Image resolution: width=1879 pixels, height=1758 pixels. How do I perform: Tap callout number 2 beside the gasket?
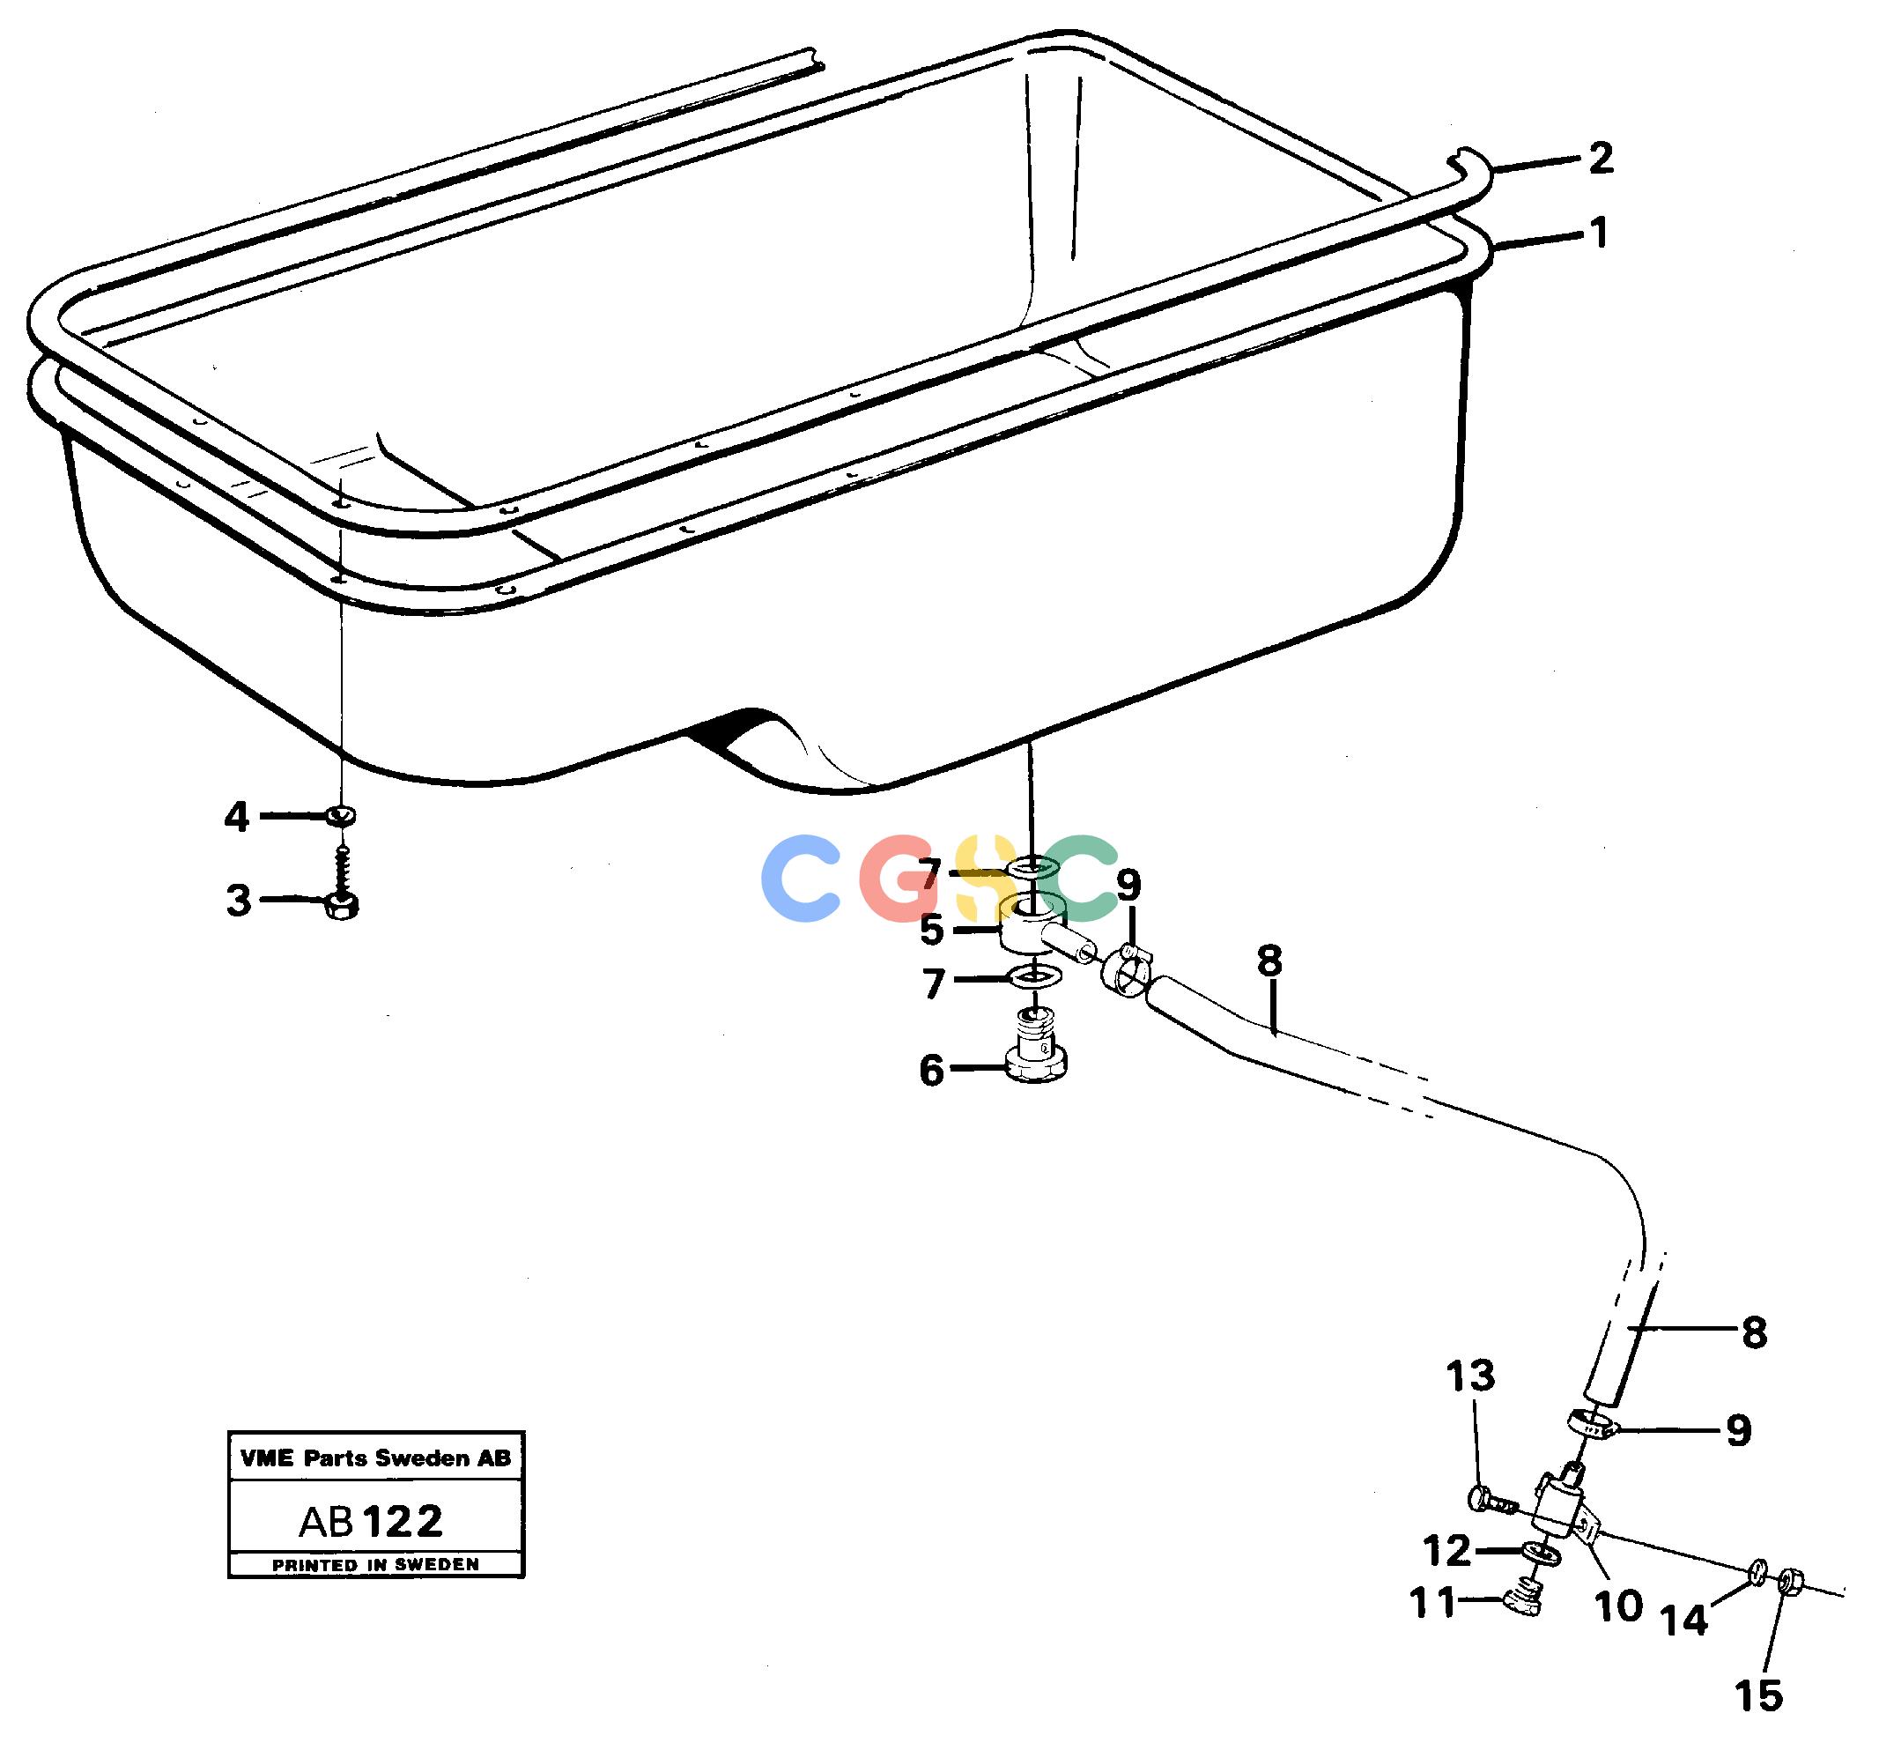[1600, 158]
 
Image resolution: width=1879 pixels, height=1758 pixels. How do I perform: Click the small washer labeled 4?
[340, 814]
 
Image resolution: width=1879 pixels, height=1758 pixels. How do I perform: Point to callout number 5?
[932, 931]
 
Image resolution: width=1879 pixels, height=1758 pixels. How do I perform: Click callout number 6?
[932, 1071]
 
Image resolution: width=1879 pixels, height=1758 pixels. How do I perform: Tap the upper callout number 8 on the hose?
[1269, 961]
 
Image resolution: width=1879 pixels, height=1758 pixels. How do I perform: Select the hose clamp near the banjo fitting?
[1126, 972]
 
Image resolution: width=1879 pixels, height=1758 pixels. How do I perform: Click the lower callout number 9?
[1739, 1431]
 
